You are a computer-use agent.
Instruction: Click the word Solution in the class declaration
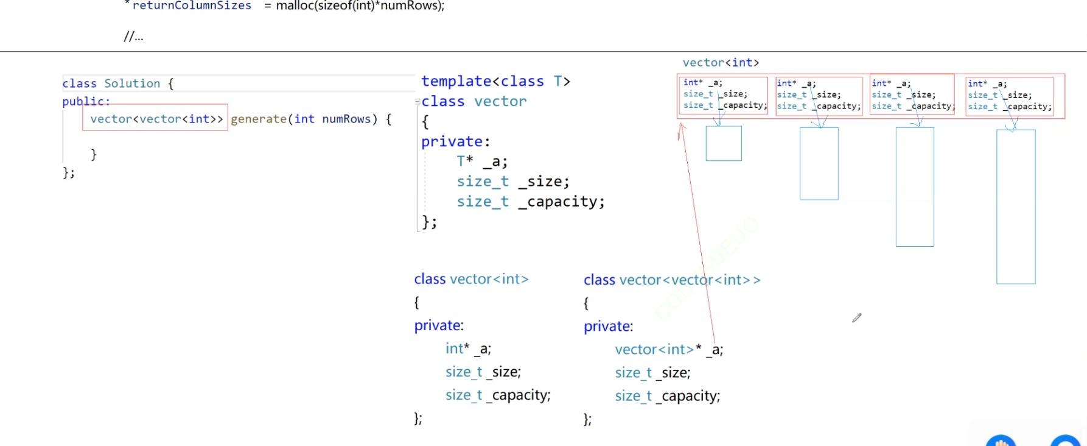pos(132,83)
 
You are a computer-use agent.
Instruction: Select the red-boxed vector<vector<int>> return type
pos(156,118)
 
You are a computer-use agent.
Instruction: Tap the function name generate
pos(258,119)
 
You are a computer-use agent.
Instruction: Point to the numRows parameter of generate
pos(346,119)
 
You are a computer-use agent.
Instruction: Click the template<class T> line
pos(495,81)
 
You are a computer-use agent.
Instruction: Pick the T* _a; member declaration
pos(482,161)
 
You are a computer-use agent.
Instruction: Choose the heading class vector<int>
pos(471,279)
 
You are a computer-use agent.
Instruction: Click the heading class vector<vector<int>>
pos(672,280)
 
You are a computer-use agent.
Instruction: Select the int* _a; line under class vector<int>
pos(467,349)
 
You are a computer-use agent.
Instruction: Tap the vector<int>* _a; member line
pos(668,350)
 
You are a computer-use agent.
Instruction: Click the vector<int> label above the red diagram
pos(721,62)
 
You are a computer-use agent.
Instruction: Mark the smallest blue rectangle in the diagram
pos(724,144)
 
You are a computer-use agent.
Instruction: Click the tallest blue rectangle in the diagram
pos(1016,207)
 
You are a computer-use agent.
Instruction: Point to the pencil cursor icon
pos(857,317)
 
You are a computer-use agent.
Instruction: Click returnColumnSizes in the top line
pos(192,5)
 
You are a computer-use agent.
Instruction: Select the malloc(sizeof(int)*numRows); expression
pos(360,5)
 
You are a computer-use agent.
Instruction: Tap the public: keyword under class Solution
pos(86,101)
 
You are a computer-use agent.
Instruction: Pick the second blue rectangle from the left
pos(819,163)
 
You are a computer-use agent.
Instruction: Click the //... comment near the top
pos(133,37)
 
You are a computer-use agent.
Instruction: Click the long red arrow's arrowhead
pos(682,126)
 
